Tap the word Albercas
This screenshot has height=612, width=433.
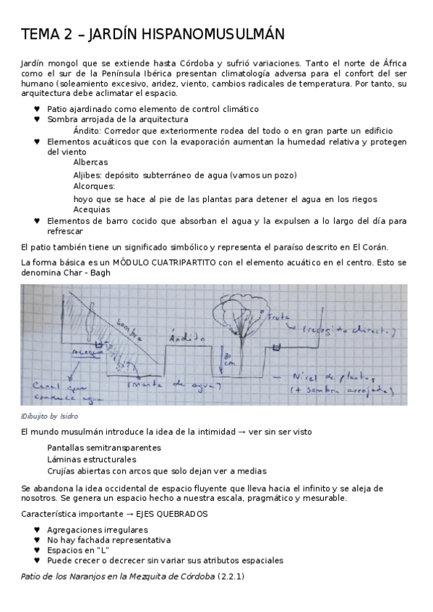pos(91,162)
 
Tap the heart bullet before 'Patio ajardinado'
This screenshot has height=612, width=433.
pos(38,109)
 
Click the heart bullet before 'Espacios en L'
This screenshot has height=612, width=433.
pos(38,550)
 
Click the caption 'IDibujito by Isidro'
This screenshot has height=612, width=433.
pos(50,416)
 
